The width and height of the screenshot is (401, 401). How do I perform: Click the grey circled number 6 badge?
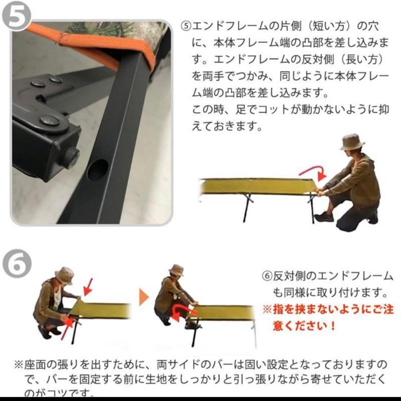(x=16, y=261)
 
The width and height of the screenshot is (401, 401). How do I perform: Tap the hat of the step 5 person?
(x=352, y=142)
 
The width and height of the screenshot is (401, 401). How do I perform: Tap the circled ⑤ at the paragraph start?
(x=185, y=26)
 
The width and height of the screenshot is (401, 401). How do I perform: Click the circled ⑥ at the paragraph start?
(x=267, y=276)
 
